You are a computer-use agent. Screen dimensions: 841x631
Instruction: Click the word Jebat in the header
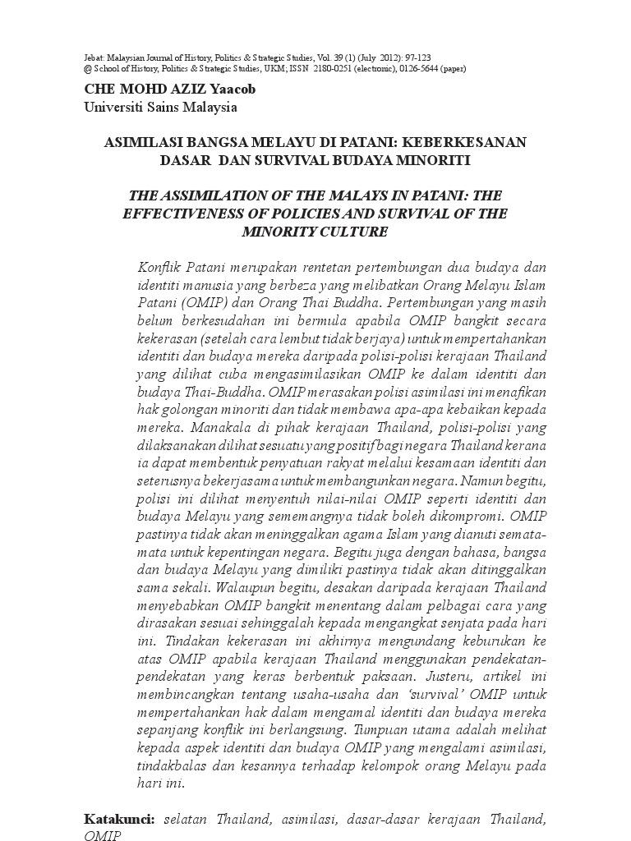click(x=94, y=57)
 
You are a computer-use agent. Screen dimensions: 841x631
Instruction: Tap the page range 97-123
click(x=413, y=57)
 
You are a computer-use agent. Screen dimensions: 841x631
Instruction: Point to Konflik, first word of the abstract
click(x=160, y=269)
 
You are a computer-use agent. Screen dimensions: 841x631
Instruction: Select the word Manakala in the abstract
click(x=220, y=427)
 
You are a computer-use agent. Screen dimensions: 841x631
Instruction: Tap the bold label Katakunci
click(x=119, y=820)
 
